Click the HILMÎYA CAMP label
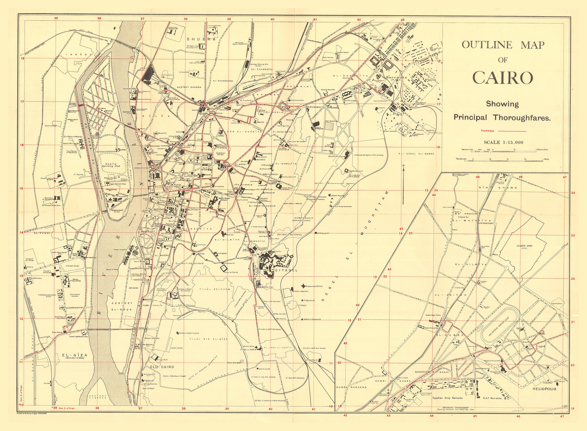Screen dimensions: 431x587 click(x=524, y=246)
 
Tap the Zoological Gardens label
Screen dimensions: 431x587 click(x=75, y=295)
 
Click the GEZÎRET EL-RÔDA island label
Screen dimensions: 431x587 click(x=122, y=306)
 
